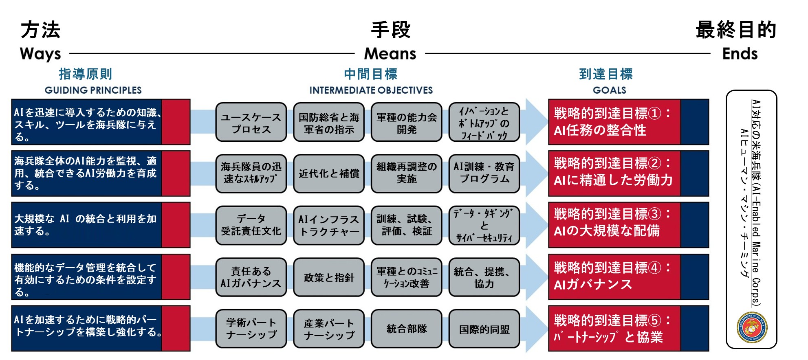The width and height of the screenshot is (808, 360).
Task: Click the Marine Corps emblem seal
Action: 752,327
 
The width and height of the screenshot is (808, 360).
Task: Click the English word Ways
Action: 40,54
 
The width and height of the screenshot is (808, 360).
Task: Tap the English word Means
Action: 390,54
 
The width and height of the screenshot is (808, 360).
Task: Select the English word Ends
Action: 740,54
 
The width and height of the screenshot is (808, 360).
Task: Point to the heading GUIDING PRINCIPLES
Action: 93,90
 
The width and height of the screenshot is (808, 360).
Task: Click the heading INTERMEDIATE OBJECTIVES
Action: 371,90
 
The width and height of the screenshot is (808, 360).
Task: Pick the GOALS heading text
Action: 609,90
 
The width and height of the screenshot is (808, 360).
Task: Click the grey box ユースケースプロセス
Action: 251,122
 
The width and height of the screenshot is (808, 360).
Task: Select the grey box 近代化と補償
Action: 329,173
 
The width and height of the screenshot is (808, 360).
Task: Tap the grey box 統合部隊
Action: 407,329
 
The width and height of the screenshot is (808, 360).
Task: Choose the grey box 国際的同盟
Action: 484,329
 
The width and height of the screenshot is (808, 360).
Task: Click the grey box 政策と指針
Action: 329,277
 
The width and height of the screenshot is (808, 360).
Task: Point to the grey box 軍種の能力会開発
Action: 407,122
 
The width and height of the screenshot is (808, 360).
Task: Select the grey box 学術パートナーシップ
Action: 251,329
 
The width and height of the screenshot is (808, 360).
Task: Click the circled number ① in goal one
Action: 654,113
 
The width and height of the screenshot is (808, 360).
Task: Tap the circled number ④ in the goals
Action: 654,268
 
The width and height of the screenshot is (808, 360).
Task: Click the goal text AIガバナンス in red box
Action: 593,284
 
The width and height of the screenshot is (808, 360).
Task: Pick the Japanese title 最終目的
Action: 736,30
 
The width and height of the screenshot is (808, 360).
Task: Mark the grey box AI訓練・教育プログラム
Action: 484,173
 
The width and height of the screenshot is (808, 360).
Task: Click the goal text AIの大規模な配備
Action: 607,231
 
